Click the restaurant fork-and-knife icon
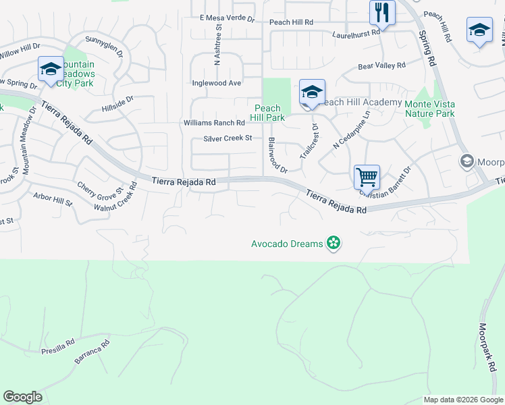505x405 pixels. point(382,13)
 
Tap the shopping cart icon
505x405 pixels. point(367,178)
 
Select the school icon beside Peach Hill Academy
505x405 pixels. point(312,93)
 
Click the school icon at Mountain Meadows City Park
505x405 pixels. point(51,70)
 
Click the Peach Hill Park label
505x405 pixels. point(268,113)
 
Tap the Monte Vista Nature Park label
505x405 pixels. point(429,109)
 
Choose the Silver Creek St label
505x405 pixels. point(228,139)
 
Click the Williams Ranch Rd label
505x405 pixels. point(214,123)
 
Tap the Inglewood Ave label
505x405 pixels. point(216,83)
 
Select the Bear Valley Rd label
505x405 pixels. point(381,66)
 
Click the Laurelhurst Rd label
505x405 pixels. point(356,33)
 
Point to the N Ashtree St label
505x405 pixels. point(217,44)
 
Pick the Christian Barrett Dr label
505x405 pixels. point(386,183)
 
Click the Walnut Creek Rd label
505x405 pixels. point(116,197)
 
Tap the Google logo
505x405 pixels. point(22,397)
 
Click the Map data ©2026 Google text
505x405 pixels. point(463,400)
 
